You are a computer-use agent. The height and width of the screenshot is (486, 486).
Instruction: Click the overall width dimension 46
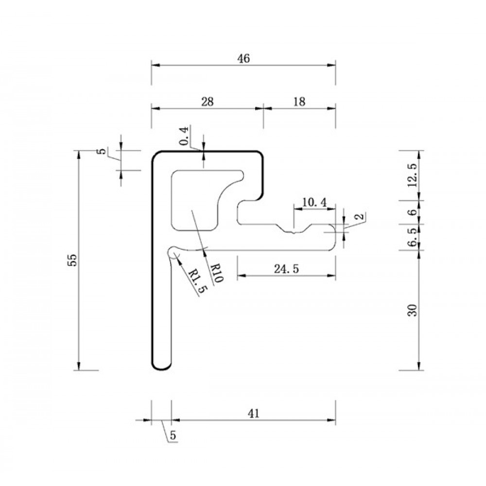pyautogui.click(x=243, y=58)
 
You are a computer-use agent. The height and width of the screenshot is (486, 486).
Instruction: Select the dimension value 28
pyautogui.click(x=208, y=102)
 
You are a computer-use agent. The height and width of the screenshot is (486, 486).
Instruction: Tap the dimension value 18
pyautogui.click(x=299, y=102)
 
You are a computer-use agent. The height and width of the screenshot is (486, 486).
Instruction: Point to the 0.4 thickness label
pyautogui.click(x=184, y=136)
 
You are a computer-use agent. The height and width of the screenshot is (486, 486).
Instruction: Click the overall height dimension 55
pyautogui.click(x=72, y=260)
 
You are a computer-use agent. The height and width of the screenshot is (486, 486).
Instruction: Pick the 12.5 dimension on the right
pyautogui.click(x=413, y=175)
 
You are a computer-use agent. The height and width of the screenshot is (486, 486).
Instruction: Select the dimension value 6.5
pyautogui.click(x=413, y=238)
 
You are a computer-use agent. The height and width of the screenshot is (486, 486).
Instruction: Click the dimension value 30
pyautogui.click(x=413, y=310)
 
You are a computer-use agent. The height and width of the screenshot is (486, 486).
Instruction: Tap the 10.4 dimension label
pyautogui.click(x=314, y=203)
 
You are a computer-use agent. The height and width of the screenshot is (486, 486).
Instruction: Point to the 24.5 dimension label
pyautogui.click(x=286, y=269)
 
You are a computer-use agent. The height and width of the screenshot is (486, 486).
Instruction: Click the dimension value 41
pyautogui.click(x=254, y=414)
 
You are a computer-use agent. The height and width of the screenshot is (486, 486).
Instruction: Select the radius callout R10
pyautogui.click(x=216, y=273)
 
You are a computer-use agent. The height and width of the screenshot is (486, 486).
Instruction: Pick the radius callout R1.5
pyautogui.click(x=197, y=281)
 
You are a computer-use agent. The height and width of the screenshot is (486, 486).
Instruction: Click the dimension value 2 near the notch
pyautogui.click(x=359, y=216)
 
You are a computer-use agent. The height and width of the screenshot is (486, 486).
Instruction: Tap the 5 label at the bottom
pyautogui.click(x=173, y=435)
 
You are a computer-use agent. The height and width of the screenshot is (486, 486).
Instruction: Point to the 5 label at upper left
pyautogui.click(x=102, y=152)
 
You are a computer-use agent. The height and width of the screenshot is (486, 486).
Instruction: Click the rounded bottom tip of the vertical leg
pyautogui.click(x=161, y=369)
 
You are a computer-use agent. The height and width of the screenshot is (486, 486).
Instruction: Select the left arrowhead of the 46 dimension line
pyautogui.click(x=155, y=65)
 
